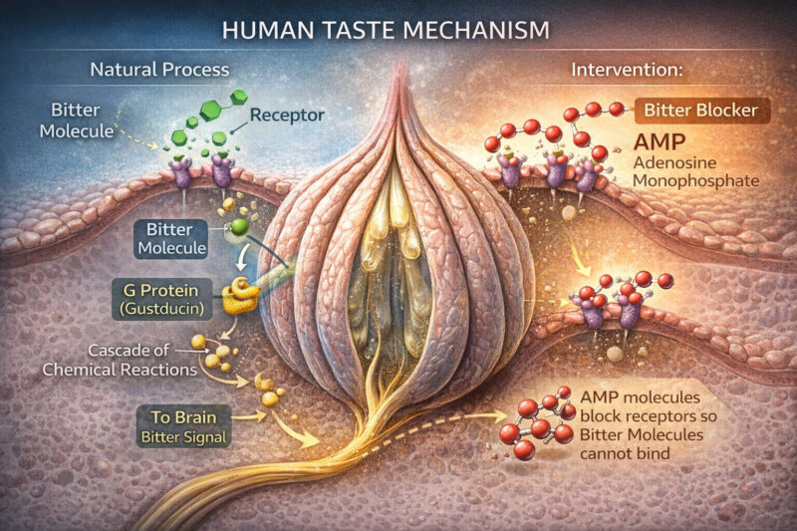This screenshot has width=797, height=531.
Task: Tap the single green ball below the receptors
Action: tap(239, 228)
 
